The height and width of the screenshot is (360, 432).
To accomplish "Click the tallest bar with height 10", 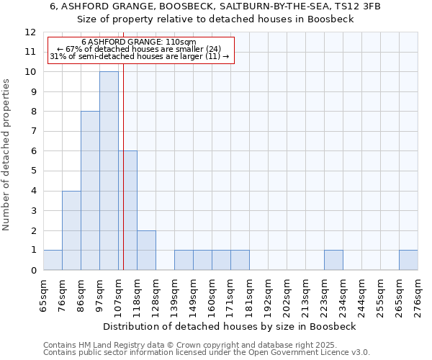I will [109, 171].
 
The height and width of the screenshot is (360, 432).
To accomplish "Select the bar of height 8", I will [90, 191].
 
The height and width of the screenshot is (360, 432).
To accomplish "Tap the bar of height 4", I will [71, 230].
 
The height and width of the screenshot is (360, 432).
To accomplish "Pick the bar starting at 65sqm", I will [53, 260].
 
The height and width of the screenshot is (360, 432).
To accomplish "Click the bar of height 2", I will [146, 250].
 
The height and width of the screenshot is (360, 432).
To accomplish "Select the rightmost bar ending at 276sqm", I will [408, 260].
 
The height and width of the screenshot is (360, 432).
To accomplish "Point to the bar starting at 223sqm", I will [333, 260].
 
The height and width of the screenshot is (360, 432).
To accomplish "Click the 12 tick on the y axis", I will [31, 32].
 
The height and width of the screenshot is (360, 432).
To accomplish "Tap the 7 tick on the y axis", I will [33, 132].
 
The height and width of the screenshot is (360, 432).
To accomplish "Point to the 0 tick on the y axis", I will [33, 271].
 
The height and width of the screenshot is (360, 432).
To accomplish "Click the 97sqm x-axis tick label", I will [100, 296].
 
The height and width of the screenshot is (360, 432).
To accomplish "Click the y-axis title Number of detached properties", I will [7, 154].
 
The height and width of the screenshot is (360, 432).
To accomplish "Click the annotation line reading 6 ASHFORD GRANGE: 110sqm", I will [138, 42].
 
